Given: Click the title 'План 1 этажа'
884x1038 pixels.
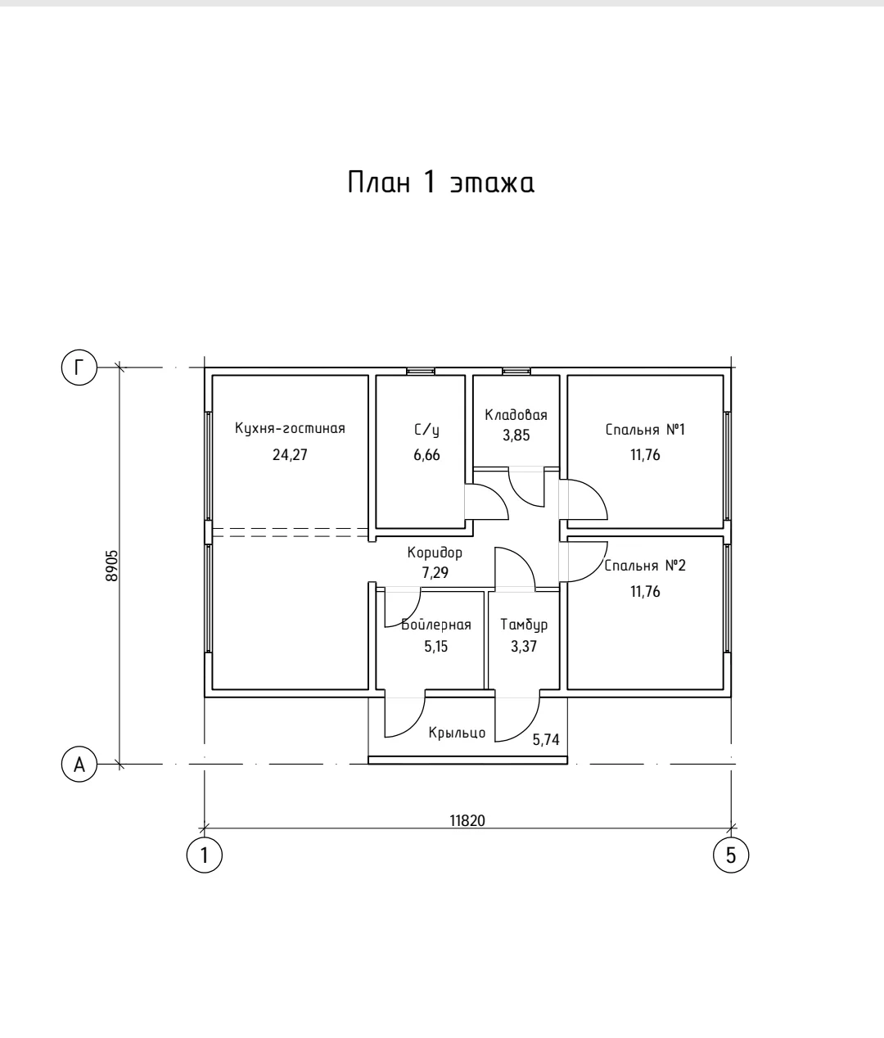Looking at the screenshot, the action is pos(441,183).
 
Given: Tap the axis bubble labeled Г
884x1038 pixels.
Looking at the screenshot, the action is pos(79,368).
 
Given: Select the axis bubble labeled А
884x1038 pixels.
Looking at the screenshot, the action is pos(79,765).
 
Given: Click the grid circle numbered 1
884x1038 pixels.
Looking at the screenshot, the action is pos(205,855).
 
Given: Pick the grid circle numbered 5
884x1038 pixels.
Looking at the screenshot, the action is pos(731,855).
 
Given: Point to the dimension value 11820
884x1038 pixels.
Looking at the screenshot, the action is pos(467,820).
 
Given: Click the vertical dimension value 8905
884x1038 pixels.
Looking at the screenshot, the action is pos(111,566).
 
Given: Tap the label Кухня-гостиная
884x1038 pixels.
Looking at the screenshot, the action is pos(291,428).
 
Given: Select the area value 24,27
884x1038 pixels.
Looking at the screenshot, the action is pos(291,455).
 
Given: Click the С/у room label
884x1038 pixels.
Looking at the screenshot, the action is pos(427,430).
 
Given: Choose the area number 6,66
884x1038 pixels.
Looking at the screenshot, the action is pos(427,455).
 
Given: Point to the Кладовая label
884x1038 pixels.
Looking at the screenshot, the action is pos(516,415).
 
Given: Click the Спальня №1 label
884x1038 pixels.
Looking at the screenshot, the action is pos(646,429).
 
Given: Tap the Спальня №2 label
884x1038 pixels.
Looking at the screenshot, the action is pos(645,566).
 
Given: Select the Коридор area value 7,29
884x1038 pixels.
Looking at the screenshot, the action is pos(435,572).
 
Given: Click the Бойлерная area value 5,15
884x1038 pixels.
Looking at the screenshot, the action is pos(436,647).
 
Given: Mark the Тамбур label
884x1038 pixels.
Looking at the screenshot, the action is pos(524,625).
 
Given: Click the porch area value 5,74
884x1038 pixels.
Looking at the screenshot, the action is pos(546,740).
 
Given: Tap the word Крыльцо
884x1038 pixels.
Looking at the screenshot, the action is pos(457,733).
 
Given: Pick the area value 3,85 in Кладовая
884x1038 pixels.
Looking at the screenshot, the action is pos(516,435).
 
